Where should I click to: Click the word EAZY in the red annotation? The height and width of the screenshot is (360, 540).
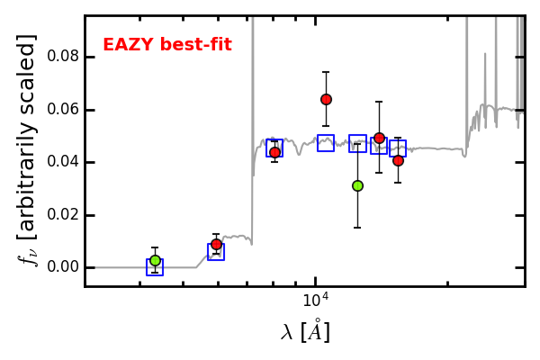tap(129, 44)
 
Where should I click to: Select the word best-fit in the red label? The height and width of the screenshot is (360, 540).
tap(196, 44)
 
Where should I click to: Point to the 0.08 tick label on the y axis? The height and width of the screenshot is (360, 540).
tap(63, 56)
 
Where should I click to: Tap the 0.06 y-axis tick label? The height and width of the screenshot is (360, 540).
tap(63, 109)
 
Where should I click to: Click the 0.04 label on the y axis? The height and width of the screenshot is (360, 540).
tap(63, 162)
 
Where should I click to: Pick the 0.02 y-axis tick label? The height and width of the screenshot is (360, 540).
tap(63, 214)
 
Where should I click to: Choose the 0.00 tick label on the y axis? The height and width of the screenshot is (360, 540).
tap(63, 267)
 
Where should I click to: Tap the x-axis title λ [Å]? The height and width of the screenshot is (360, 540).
tap(305, 331)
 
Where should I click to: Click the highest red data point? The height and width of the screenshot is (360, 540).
tap(326, 100)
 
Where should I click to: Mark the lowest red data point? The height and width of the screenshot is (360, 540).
tap(216, 244)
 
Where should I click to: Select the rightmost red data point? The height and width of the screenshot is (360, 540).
tap(398, 160)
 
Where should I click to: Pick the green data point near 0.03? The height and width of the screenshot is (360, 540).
tap(358, 186)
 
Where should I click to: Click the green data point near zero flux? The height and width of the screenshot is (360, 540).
tap(156, 260)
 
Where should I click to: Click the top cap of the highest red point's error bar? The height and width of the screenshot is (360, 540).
tap(326, 72)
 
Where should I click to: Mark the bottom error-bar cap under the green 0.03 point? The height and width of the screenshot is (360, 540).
tap(357, 228)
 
